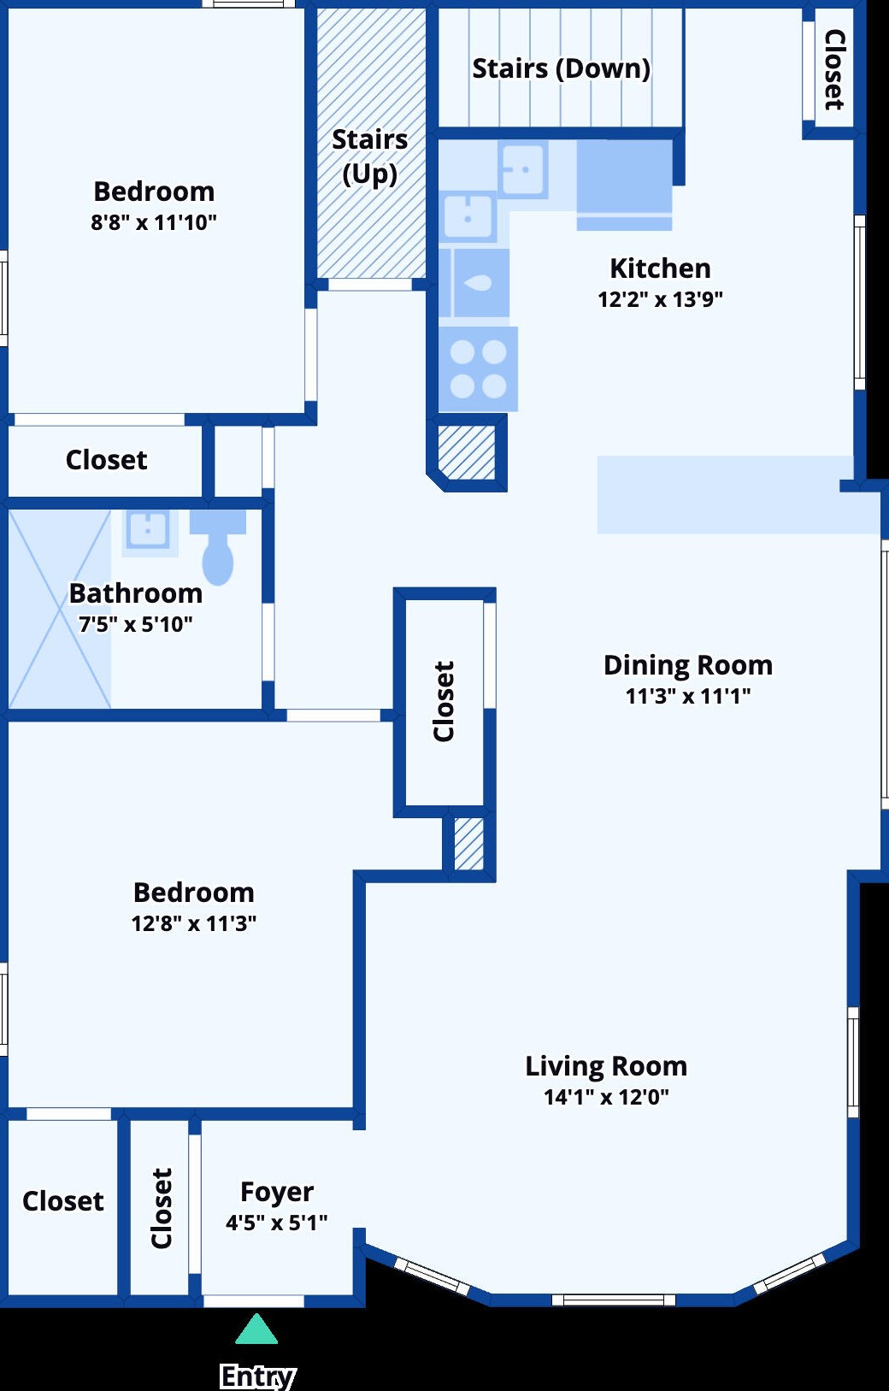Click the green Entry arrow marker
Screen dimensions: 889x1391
coord(256,1329)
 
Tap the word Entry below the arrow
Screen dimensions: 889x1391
coord(257,1376)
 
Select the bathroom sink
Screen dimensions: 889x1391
coord(148,530)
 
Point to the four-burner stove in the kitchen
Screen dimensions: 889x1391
coord(478,369)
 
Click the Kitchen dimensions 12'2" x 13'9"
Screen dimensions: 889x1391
coord(660,299)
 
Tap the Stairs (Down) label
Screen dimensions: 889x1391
coord(562,69)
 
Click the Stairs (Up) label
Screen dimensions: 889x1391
coord(370,156)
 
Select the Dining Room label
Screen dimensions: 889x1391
coord(688,665)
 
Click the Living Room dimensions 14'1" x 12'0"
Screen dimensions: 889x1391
coord(606,1097)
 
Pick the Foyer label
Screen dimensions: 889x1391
coord(277,1192)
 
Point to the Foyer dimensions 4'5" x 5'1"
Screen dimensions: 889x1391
coord(276,1223)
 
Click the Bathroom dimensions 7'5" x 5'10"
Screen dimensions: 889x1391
coord(135,624)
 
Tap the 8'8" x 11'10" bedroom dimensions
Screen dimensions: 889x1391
coord(153,222)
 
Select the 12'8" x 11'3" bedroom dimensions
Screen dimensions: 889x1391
coord(194,923)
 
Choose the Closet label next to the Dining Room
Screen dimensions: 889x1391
coord(444,701)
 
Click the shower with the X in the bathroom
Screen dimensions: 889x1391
coord(60,610)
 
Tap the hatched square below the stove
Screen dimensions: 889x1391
coord(467,452)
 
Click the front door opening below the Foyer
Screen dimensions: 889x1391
coord(254,1301)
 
